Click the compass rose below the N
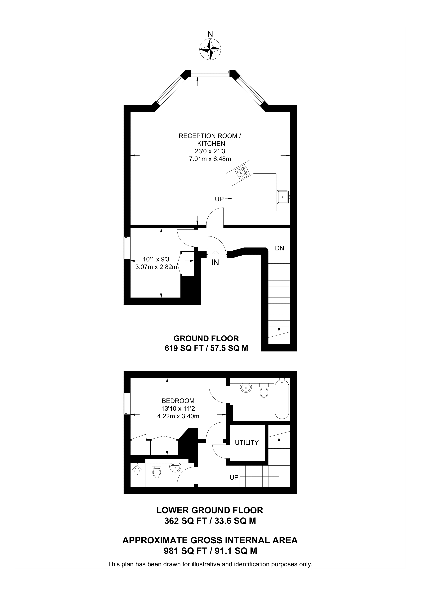coord(210,50)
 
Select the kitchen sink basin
coord(283,197)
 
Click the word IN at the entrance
coord(215,262)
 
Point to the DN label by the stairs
coord(280,248)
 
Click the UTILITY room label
coord(247,443)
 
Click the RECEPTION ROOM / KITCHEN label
coord(210,140)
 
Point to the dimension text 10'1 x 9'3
coord(156,259)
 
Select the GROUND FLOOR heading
coord(206,338)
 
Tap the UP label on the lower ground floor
coord(234,477)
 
